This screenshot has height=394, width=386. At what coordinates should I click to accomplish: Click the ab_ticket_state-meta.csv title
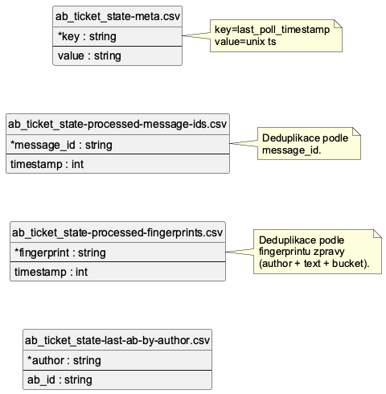pos(118,16)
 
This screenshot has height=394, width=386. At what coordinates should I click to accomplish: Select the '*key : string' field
pos(88,36)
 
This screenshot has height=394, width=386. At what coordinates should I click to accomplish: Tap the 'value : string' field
pos(89,55)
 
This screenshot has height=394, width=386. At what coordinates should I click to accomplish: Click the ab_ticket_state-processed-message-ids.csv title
pos(117,125)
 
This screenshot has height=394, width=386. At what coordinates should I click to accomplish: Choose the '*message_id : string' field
pos(61,145)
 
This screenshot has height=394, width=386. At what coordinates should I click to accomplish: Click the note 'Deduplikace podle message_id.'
pos(305,144)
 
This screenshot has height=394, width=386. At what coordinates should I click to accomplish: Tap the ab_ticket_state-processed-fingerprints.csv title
pos(117,233)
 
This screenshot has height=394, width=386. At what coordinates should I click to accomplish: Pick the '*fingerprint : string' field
pos(60,252)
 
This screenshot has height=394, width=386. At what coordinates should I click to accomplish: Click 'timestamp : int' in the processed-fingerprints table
pos(51,272)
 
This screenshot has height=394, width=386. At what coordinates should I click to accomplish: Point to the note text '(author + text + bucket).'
pos(314,265)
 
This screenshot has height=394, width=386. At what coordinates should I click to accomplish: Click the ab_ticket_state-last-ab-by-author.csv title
pos(117,341)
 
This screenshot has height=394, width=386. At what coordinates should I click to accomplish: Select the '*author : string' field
pos(64,360)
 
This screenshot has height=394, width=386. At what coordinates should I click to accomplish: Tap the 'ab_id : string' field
pos(60,380)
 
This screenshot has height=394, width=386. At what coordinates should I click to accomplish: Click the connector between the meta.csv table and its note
pos(195,36)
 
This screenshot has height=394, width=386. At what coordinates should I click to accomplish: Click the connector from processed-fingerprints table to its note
pos(238,252)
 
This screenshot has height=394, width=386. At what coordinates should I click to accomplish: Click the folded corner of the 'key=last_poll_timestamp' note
pos(338,24)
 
